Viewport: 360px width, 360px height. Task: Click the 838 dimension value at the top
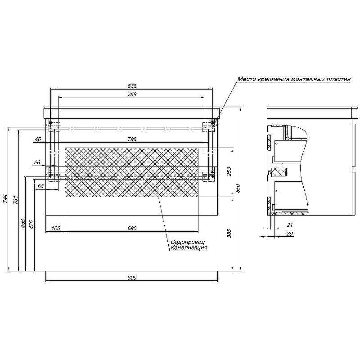(x=132, y=86)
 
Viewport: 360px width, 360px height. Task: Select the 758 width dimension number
(x=132, y=94)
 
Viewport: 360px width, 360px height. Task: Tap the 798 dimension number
(x=132, y=139)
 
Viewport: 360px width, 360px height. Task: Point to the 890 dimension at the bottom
(x=132, y=278)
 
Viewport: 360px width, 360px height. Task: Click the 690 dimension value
(x=132, y=228)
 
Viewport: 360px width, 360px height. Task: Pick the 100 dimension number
(x=56, y=228)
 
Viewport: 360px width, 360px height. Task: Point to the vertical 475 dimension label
(x=31, y=225)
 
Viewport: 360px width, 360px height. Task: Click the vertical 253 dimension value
(x=229, y=172)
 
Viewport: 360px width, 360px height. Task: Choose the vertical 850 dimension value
(x=238, y=189)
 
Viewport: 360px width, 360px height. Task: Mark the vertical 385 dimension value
(x=229, y=233)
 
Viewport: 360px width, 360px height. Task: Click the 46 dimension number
(x=38, y=139)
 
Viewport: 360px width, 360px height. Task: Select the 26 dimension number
(x=37, y=162)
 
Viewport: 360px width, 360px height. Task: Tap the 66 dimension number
(x=40, y=186)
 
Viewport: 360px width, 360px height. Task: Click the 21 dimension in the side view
(x=290, y=225)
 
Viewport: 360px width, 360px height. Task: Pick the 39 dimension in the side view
(x=290, y=234)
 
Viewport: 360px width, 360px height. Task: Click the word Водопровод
(x=188, y=242)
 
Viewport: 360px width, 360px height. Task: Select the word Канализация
(x=189, y=248)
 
